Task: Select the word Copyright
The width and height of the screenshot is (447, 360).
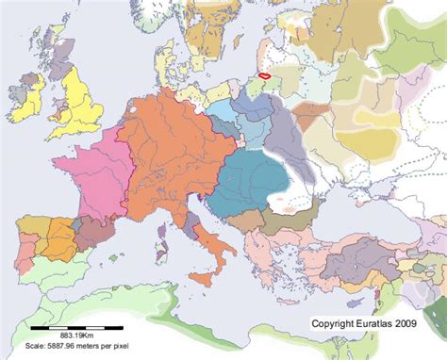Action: [x=334, y=322]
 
